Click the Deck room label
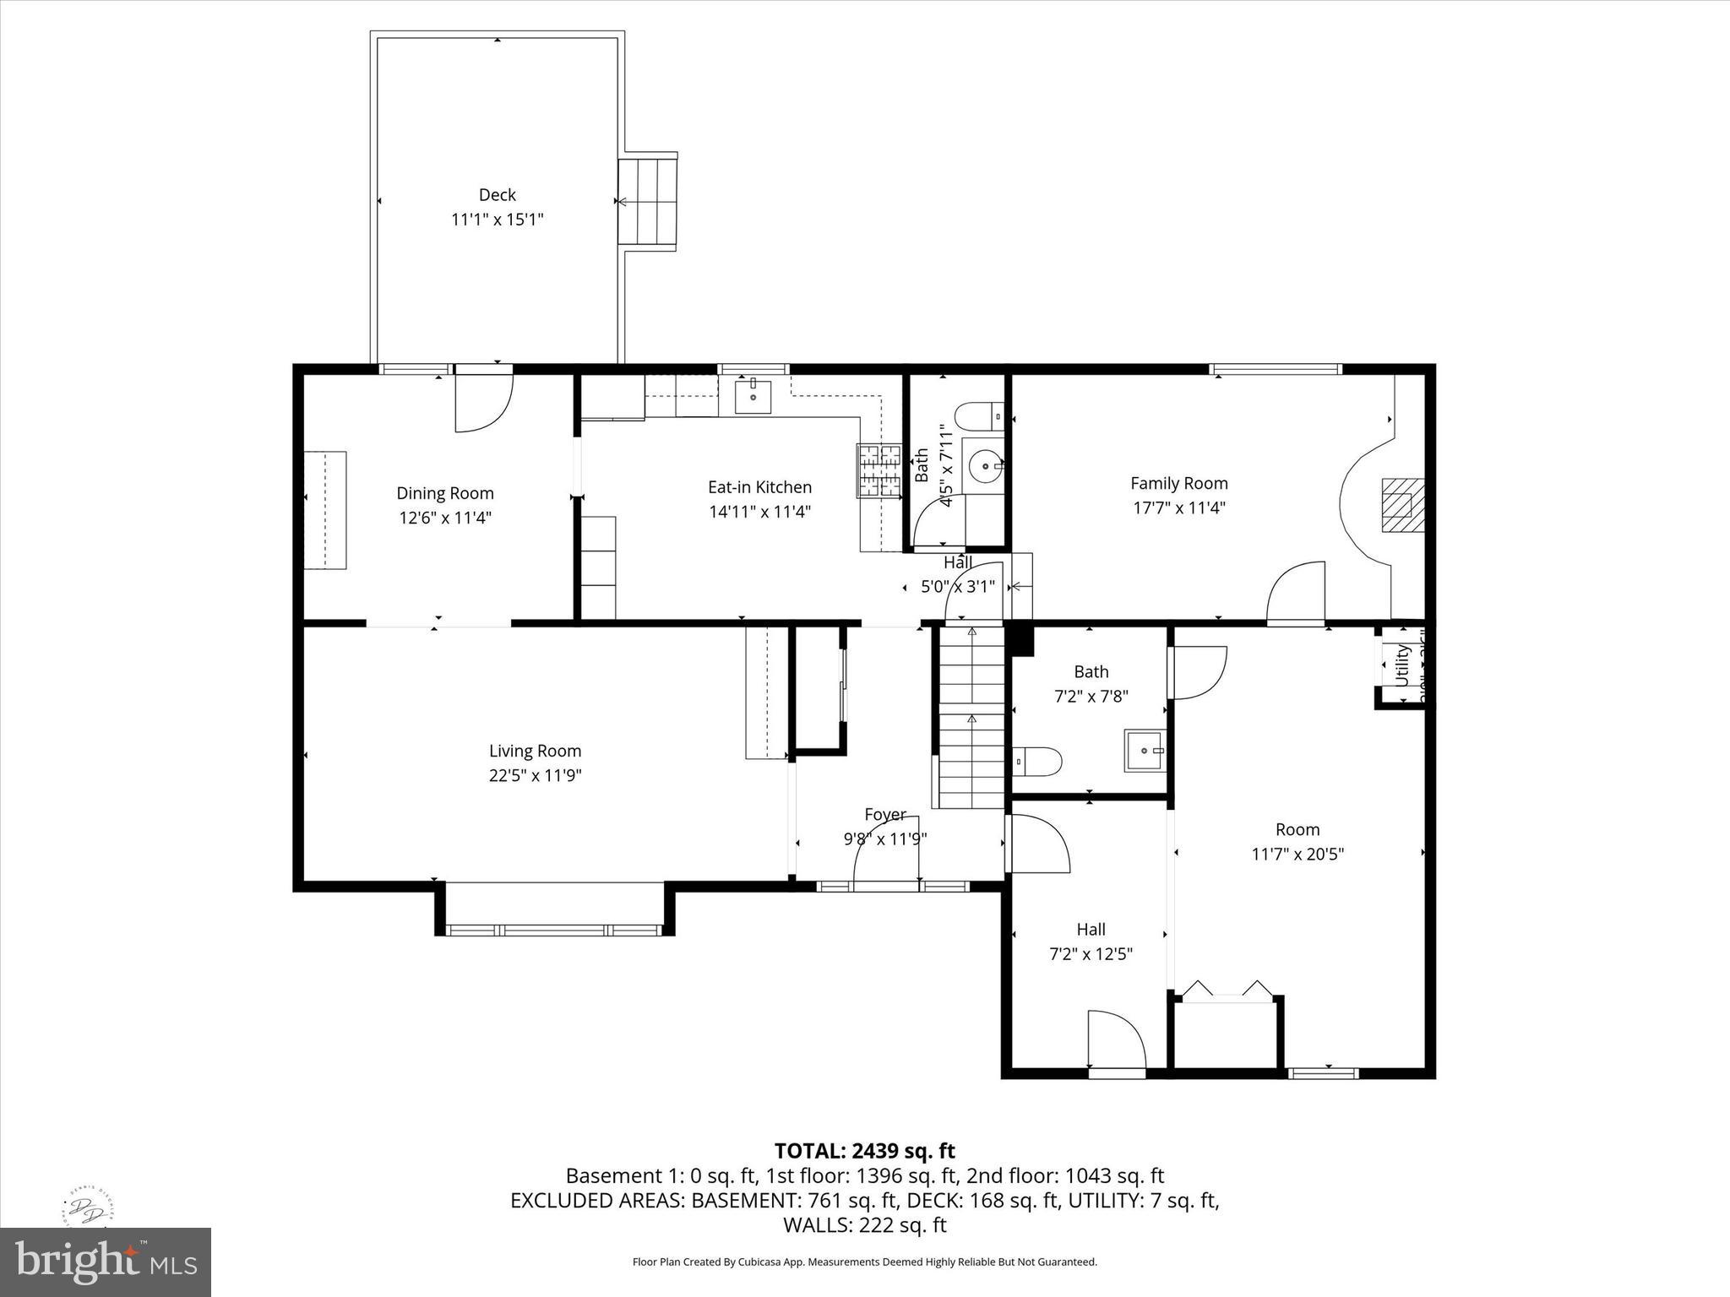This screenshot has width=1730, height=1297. tap(497, 195)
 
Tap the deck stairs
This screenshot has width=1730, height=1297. tap(648, 201)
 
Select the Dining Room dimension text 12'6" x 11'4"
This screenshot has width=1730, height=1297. tap(445, 518)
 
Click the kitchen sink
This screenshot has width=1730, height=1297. tap(752, 396)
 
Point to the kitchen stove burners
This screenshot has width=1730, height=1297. tap(879, 470)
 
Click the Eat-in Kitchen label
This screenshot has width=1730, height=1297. tap(759, 487)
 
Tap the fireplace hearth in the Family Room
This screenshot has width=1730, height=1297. tap(1402, 505)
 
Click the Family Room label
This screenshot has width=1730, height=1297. tap(1178, 483)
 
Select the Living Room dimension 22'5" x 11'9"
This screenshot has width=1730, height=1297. tap(535, 775)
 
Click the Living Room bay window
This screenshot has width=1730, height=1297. tap(554, 929)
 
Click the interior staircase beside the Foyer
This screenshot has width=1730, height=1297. tap(971, 718)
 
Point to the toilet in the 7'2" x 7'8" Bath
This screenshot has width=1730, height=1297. tap(1036, 761)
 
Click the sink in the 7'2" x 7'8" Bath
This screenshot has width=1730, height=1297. tap(1145, 750)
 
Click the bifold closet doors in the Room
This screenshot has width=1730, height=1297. tap(1227, 990)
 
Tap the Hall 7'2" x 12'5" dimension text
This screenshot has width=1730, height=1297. tap(1091, 954)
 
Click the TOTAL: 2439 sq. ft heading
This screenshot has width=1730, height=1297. tap(864, 1151)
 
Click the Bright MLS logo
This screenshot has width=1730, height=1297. tap(105, 1262)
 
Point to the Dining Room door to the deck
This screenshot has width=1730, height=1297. tap(483, 401)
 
